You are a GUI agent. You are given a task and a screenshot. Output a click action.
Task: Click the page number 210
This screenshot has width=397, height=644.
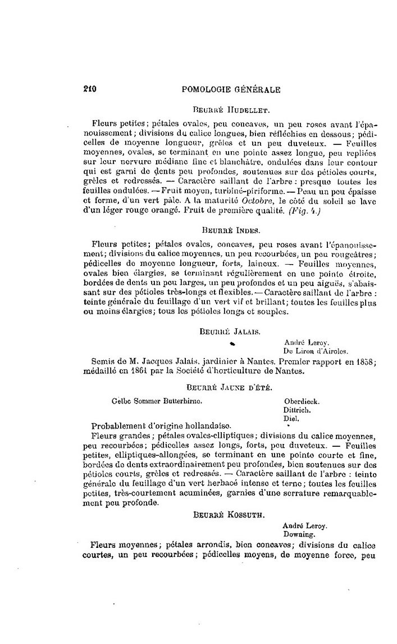pos(90,89)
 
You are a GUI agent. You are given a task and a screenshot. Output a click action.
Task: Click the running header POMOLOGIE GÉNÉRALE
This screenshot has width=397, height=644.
pos(232,89)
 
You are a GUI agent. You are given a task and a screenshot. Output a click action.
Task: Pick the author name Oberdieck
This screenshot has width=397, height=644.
pos(302,401)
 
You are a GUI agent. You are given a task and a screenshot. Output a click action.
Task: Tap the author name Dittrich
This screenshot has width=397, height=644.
pos(298,410)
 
